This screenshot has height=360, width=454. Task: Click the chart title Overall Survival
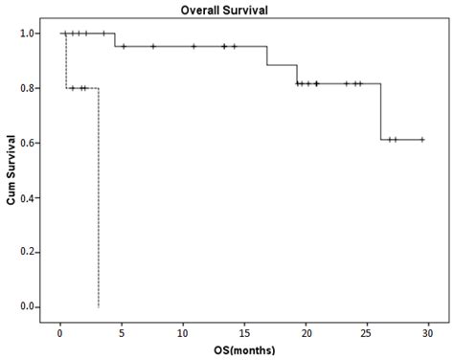click(x=226, y=11)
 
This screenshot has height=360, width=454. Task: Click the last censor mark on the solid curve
click(x=421, y=140)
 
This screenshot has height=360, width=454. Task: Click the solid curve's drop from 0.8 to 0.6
click(x=381, y=112)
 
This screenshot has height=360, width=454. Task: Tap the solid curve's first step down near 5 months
click(x=115, y=40)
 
